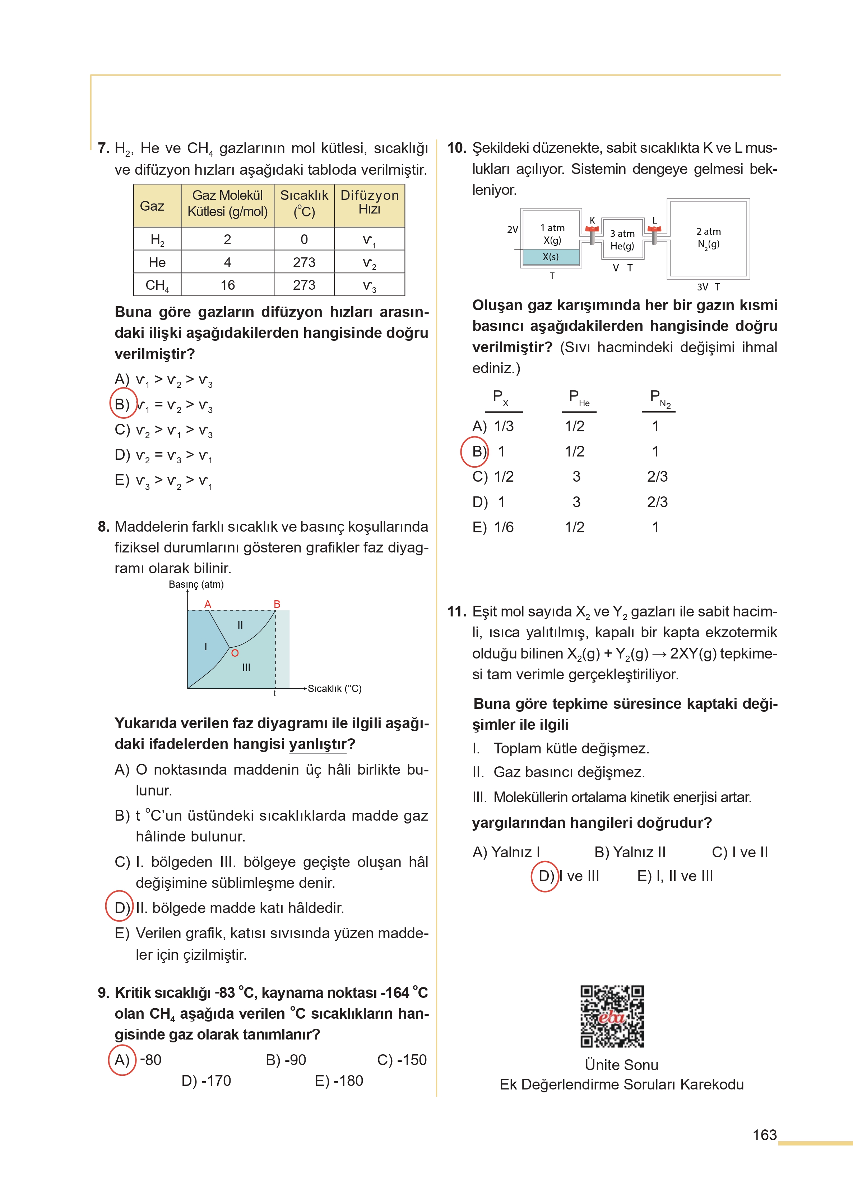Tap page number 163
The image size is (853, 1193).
pos(764,1135)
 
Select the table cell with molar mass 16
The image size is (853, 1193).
pos(227,285)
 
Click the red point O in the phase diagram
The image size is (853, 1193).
pos(235,653)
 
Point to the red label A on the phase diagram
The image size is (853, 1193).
pos(208,604)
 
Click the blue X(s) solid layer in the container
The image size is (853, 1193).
pos(551,257)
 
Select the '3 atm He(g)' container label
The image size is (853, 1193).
pos(622,240)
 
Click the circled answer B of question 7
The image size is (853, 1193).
pos(123,404)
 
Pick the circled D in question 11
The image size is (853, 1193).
pos(545,876)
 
